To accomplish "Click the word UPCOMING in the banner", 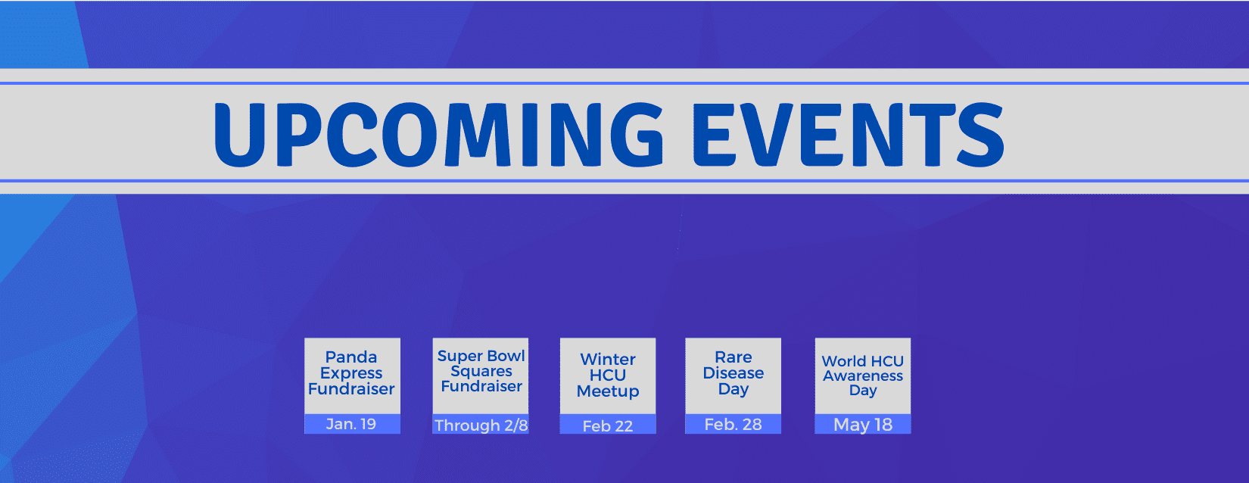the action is (x=439, y=135).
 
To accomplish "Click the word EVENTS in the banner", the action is (x=848, y=135).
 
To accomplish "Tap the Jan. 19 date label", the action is (x=351, y=424).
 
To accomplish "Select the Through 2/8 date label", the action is (x=481, y=425).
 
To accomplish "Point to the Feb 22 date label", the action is (x=608, y=426).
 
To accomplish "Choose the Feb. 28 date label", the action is (x=734, y=425).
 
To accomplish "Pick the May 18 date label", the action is (x=863, y=425).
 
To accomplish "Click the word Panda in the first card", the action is (x=351, y=357).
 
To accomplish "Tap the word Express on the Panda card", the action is (x=351, y=372).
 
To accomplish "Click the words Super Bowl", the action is (x=481, y=356).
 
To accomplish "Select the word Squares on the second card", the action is (x=481, y=371).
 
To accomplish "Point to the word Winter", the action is (x=608, y=359).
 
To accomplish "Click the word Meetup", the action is (x=608, y=391).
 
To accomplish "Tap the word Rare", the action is (x=734, y=357).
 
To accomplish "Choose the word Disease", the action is (x=734, y=372).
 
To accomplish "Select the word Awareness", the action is (x=863, y=376).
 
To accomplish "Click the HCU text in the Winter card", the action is (x=608, y=375).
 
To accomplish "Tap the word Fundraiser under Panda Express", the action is (x=351, y=388).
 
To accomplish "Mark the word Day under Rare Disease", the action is (x=734, y=389).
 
